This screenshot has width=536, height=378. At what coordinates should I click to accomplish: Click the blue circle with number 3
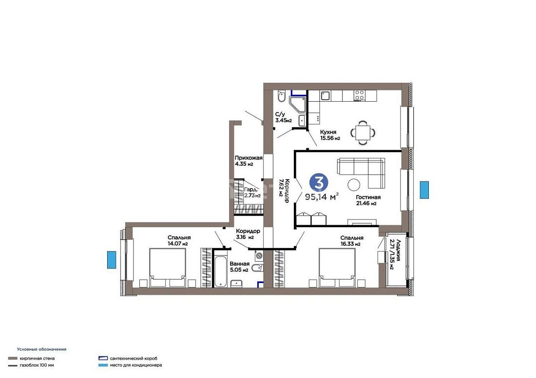pos(319,183)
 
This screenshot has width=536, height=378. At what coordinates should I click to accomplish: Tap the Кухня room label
pos(328,132)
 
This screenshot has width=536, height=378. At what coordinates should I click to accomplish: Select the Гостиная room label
pos(368,197)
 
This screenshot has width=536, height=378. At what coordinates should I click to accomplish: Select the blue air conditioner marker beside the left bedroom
pos(112,260)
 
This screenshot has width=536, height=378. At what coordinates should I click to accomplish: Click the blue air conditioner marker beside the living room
pos(424,190)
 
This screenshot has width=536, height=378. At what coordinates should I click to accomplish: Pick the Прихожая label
pos(249,158)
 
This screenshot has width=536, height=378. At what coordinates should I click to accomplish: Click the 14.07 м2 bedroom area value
pos(177,244)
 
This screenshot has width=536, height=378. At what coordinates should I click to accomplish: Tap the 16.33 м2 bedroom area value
pos(350,244)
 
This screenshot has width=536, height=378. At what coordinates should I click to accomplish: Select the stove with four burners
pos(359,95)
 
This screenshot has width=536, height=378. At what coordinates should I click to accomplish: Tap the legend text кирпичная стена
pos(37,359)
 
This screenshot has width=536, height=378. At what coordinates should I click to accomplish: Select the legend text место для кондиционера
pos(136,365)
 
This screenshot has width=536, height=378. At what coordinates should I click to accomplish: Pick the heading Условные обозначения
pos(42,349)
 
